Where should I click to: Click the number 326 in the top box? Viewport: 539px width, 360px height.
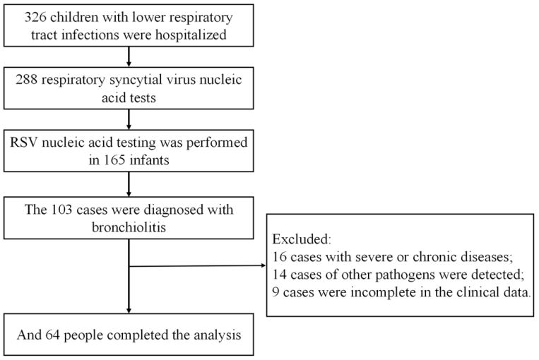[x=35, y=17]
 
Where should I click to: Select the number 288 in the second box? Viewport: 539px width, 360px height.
[x=26, y=80]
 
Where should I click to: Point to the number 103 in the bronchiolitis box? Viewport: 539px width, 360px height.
[x=62, y=210]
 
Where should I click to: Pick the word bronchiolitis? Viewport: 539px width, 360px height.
[x=129, y=227]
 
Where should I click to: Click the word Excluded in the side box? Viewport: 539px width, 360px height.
[x=302, y=239]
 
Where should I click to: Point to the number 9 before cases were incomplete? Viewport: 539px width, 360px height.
[x=276, y=292]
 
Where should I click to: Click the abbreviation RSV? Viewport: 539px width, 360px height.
[x=24, y=142]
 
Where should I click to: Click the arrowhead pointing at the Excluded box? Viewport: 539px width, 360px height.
[x=263, y=265]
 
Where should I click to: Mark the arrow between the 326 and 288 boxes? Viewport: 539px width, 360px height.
[x=129, y=56]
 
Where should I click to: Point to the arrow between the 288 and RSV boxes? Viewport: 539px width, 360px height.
[x=129, y=119]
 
